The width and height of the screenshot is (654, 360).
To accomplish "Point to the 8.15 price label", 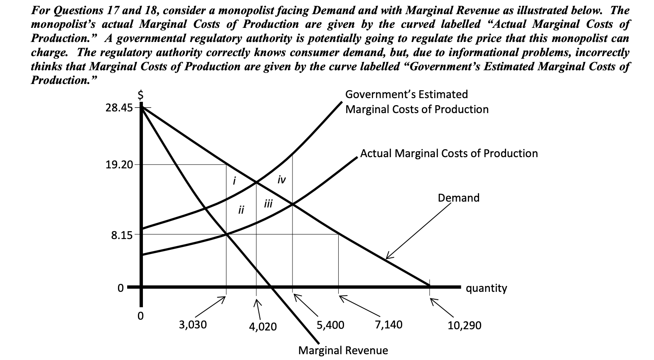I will (121, 235).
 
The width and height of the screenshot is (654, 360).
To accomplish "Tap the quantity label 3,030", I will (192, 325).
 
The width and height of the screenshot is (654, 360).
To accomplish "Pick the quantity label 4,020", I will (263, 327).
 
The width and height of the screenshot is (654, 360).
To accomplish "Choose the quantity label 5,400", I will (330, 325).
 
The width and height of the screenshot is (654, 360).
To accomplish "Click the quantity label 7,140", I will (388, 325).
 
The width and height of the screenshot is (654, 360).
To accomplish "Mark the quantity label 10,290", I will (465, 325).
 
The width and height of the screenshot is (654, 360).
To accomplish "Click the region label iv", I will (281, 180).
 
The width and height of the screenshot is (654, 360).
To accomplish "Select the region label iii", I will (268, 204).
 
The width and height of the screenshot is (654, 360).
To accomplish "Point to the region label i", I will (234, 181).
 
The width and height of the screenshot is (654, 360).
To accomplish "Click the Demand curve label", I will (458, 198).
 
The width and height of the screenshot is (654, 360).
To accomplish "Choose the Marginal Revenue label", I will (343, 350).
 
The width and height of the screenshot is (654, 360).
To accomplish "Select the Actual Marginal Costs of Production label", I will (449, 153).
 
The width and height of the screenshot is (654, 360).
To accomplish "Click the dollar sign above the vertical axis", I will (141, 95).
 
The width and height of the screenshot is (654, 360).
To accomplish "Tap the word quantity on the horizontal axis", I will (486, 288).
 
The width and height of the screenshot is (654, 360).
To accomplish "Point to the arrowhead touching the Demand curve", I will (386, 258).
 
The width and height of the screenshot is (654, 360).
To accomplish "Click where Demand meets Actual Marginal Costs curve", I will (293, 204).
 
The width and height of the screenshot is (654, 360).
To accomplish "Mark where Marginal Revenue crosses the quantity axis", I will (271, 286).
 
